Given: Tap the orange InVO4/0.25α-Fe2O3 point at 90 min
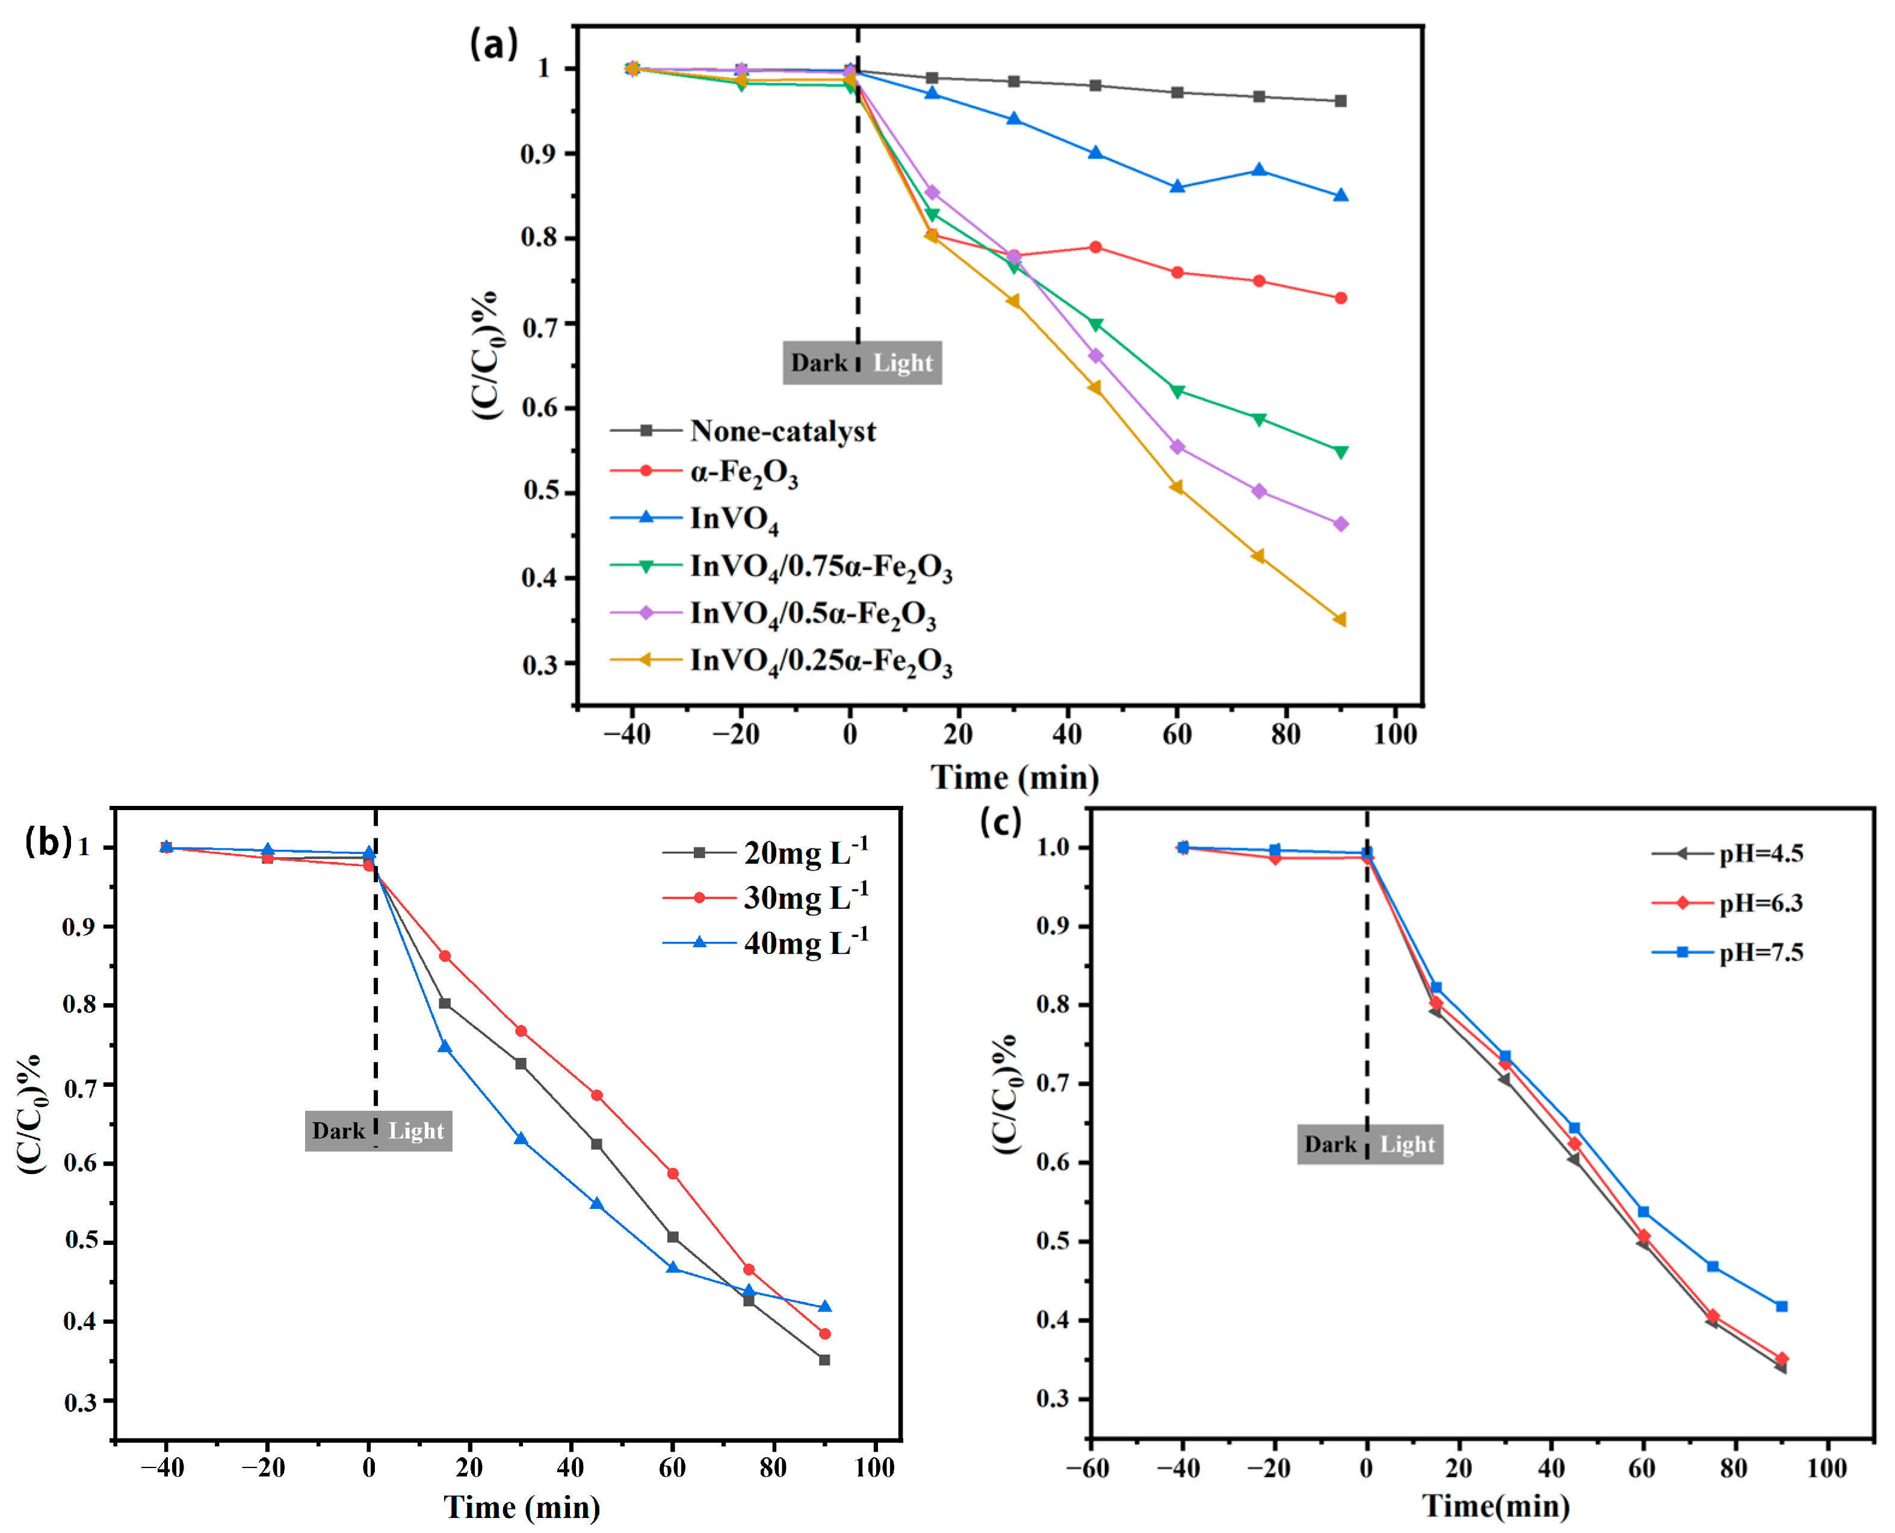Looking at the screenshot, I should point(1340,620).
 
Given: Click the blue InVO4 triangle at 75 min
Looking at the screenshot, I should point(1259,170).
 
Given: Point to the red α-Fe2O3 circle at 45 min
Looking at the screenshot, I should point(1095,247).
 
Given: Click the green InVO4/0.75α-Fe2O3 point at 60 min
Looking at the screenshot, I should point(1176,391).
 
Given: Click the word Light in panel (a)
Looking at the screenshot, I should point(902,363).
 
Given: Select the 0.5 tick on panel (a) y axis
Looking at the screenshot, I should point(540,491).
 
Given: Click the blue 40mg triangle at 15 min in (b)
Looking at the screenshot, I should point(444,1046).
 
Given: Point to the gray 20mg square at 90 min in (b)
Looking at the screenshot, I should point(824,1360).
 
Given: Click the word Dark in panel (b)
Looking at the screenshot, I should point(338,1131).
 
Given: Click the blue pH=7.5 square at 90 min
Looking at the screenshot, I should point(1781,1306).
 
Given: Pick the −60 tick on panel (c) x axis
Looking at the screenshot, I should point(1089,1469).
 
